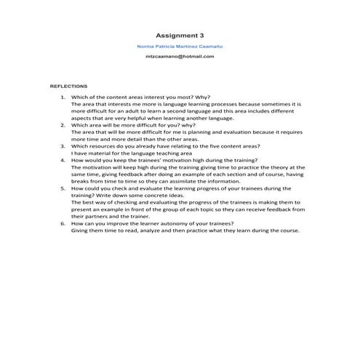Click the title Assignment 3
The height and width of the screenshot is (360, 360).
tap(180, 34)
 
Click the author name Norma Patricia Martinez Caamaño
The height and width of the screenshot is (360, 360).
tap(180, 46)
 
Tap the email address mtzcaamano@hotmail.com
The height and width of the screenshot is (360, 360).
tap(180, 57)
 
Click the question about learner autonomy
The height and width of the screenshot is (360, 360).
tap(152, 223)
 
